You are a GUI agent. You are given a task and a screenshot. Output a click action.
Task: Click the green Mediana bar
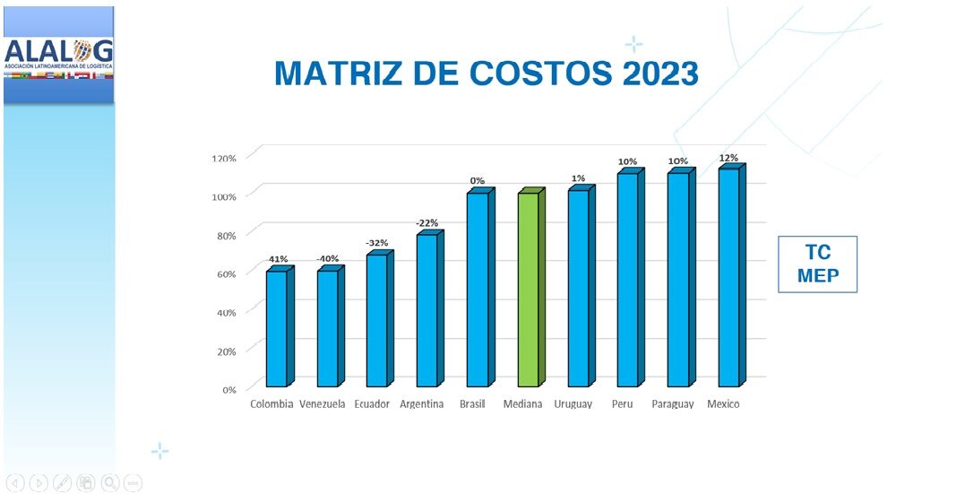point(530,290)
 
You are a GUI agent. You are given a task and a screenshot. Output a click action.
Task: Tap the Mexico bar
point(729,278)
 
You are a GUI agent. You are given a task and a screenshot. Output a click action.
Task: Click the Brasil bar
point(478,290)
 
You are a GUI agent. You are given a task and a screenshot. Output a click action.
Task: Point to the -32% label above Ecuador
point(376,243)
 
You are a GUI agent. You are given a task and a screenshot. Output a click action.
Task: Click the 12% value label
point(728,158)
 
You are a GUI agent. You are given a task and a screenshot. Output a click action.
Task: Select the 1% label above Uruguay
point(580,178)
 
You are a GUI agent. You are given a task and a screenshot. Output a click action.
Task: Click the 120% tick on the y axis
point(223,158)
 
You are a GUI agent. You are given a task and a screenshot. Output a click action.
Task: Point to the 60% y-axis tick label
point(226,273)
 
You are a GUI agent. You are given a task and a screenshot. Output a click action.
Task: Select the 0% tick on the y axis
point(228,389)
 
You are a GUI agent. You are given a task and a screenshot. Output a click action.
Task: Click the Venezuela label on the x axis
point(323,404)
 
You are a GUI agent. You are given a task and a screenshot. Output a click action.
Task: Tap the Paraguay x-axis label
point(673,404)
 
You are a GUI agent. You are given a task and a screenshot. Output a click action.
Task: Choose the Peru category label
point(622,404)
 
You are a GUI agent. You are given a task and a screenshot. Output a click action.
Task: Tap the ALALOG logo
point(58,55)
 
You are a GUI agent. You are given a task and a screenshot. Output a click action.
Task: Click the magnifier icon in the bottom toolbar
point(110,482)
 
